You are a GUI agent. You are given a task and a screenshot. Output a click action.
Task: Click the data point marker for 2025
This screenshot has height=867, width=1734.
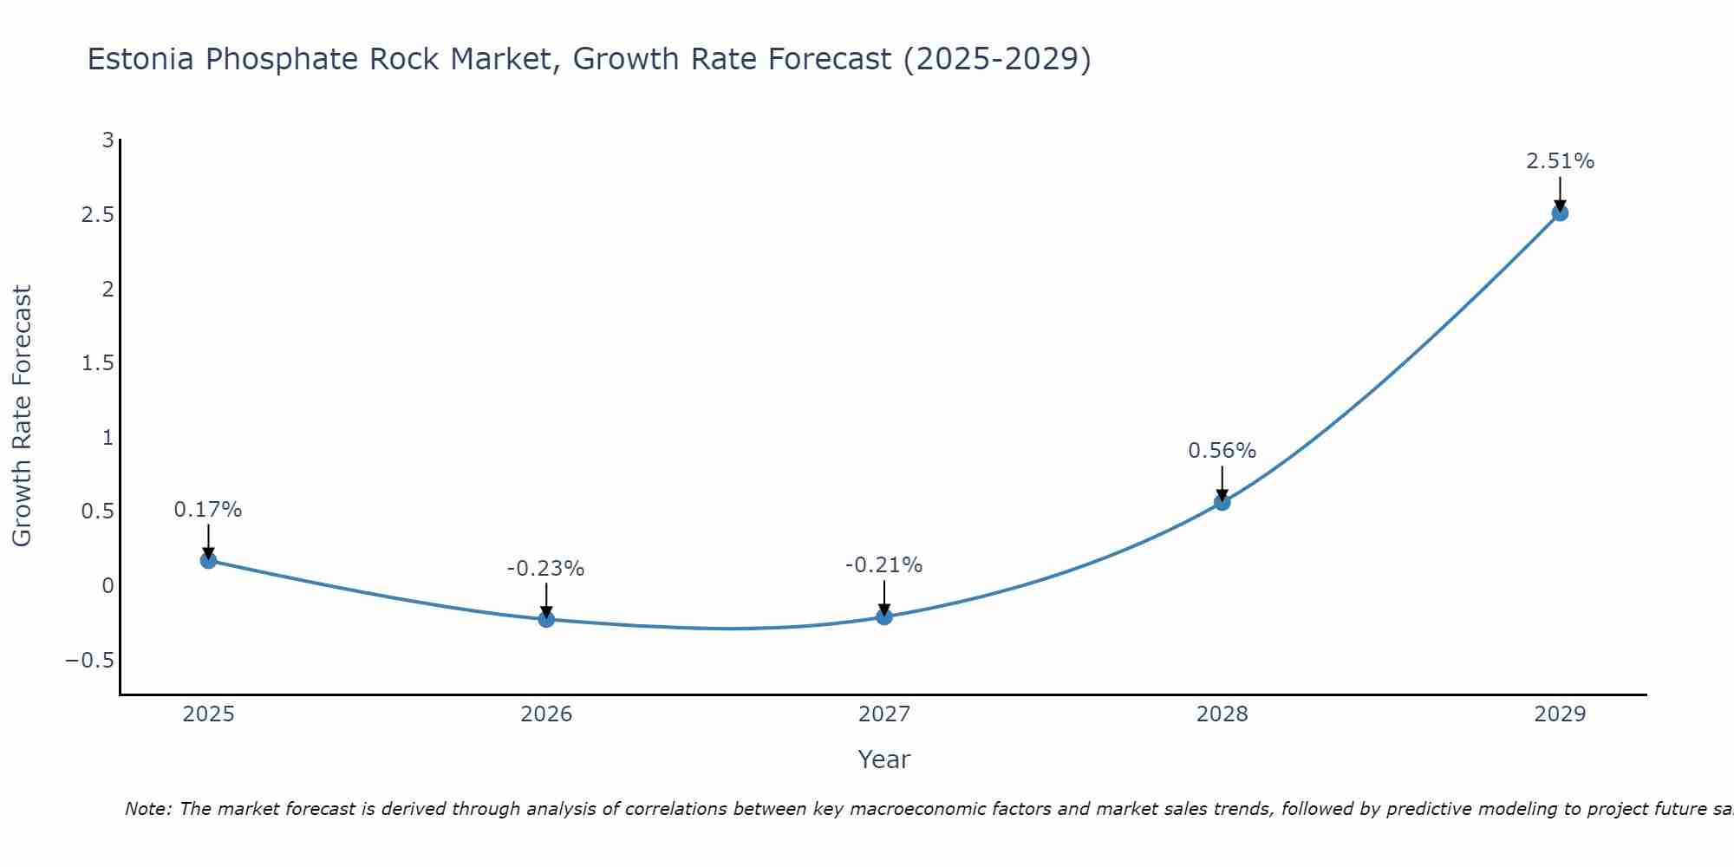[208, 560]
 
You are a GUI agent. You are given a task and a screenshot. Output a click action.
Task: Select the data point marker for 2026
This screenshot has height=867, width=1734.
[546, 619]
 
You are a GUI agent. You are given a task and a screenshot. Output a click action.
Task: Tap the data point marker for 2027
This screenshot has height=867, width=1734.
[884, 616]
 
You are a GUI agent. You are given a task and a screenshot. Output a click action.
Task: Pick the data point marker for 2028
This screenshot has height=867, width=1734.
[1222, 502]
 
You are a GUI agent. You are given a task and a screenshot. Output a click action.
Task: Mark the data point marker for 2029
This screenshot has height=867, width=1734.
[1560, 212]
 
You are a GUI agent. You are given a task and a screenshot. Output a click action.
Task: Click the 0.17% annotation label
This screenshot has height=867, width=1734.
[208, 510]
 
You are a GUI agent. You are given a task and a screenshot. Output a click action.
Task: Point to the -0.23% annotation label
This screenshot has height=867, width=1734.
[546, 569]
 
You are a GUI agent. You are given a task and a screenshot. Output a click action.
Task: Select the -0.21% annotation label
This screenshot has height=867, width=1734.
[884, 565]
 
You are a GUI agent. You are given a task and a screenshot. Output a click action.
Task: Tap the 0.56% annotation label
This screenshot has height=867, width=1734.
[1222, 451]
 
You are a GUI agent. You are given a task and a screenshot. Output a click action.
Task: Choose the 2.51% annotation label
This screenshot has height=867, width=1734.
[1560, 161]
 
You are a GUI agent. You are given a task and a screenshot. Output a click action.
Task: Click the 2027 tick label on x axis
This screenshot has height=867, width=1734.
[884, 714]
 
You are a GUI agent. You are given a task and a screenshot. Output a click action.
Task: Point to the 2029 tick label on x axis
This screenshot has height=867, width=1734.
[1560, 714]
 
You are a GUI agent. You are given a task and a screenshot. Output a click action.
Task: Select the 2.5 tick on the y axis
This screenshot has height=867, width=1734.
[98, 214]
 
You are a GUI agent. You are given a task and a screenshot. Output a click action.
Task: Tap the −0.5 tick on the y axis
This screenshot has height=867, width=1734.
[90, 661]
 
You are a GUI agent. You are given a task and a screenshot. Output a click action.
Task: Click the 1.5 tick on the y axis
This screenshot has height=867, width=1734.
[98, 363]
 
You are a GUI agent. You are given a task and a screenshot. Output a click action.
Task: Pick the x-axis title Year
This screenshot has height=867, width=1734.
[883, 759]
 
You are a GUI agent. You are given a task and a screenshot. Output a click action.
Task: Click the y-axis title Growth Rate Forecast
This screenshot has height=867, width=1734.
[22, 416]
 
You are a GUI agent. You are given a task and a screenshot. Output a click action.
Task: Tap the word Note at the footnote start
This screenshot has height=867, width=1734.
[148, 809]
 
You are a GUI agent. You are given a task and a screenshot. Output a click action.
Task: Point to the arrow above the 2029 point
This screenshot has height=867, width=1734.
[1560, 193]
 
